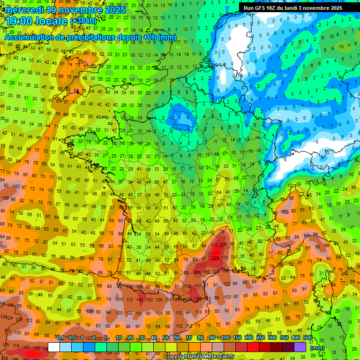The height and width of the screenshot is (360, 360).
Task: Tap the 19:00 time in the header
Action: pyautogui.click(x=19, y=21)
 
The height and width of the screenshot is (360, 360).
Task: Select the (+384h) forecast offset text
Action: pyautogui.click(x=83, y=22)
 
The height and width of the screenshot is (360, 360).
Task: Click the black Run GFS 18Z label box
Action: pyautogui.click(x=293, y=8)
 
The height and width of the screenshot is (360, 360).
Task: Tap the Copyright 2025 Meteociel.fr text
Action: pyautogui.click(x=199, y=357)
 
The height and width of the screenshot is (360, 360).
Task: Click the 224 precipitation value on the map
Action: pyautogui.click(x=216, y=257)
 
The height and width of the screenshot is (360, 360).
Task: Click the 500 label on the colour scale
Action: pyautogui.click(x=307, y=337)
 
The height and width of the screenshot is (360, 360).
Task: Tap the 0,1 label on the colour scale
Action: pyautogui.click(x=60, y=337)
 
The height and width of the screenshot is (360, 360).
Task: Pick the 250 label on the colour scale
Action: pyautogui.click(x=260, y=337)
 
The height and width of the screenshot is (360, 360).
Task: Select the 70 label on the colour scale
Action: pyautogui.click(x=189, y=337)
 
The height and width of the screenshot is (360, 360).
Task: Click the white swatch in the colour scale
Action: pyautogui.click(x=54, y=347)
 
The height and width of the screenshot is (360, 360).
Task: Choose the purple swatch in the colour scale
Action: pyautogui.click(x=300, y=347)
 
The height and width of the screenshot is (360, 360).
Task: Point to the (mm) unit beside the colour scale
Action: pyautogui.click(x=317, y=348)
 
